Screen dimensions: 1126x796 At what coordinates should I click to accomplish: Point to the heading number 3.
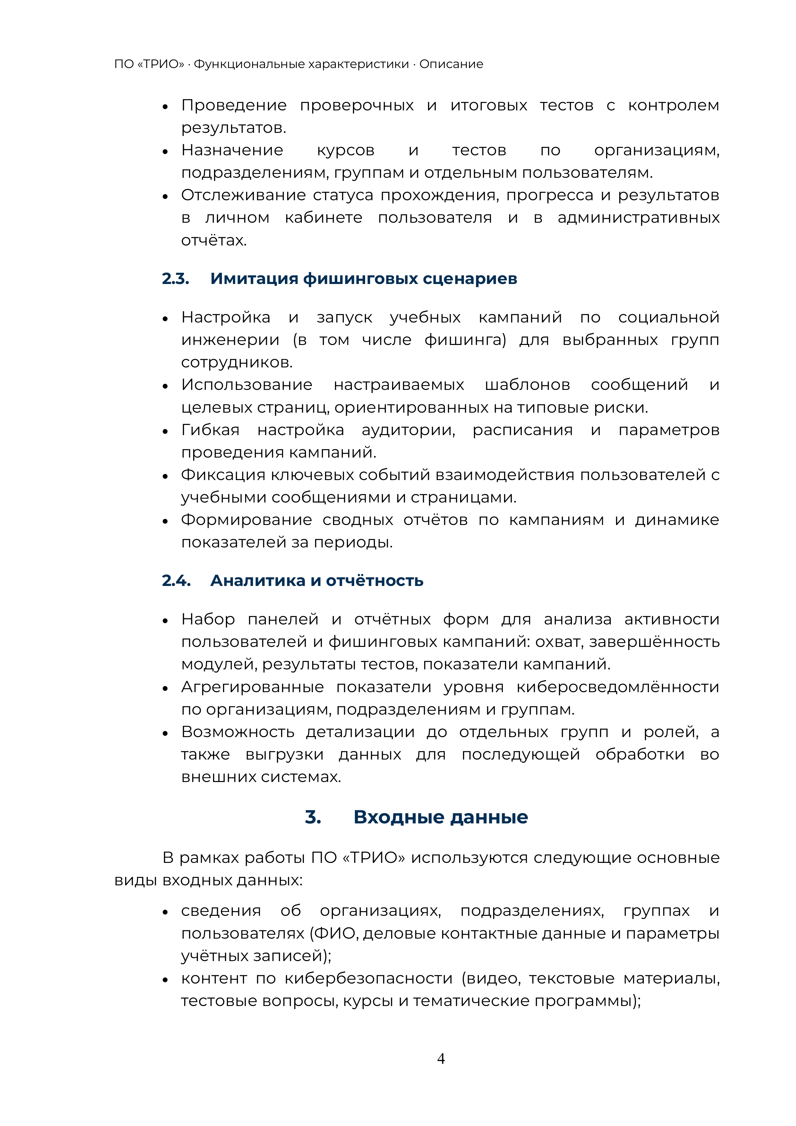tap(313, 817)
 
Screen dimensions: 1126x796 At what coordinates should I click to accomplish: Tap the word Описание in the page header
tap(451, 64)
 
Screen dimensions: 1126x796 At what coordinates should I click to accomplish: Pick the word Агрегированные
tap(252, 687)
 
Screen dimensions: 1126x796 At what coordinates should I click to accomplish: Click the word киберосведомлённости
tap(618, 687)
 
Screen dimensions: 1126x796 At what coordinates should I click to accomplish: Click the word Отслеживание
tap(244, 195)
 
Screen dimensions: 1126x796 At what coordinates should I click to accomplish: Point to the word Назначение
tap(232, 150)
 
